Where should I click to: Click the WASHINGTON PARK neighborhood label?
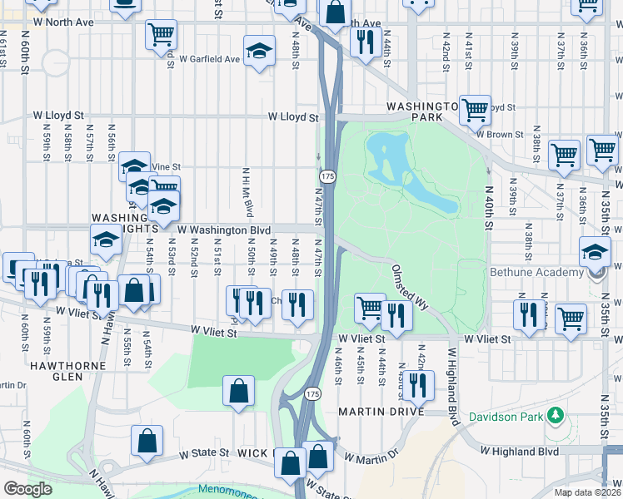tap(422, 112)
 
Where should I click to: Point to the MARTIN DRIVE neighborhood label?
tap(381, 412)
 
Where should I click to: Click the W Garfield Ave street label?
tap(209, 60)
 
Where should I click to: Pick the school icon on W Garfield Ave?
tap(259, 52)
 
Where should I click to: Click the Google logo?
tap(27, 489)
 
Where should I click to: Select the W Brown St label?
tap(499, 133)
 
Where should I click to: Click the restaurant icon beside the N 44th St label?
tap(365, 42)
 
